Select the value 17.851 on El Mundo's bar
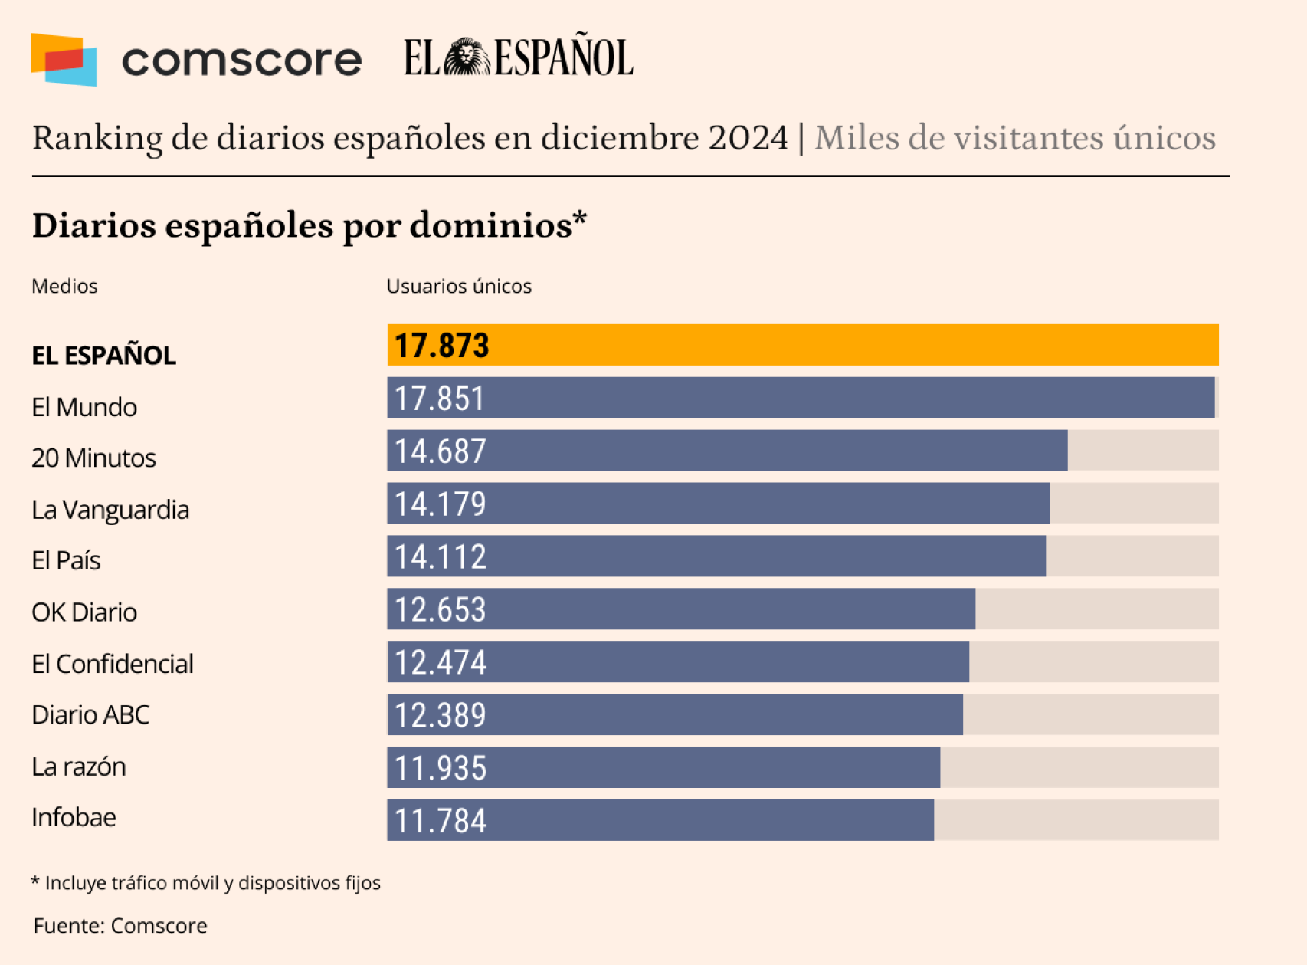click(x=440, y=399)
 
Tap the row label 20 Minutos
click(x=93, y=458)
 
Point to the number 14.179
click(x=440, y=504)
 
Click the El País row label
click(x=66, y=560)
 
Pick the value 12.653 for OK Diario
click(x=440, y=610)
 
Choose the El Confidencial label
click(x=112, y=664)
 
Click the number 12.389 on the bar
click(x=440, y=715)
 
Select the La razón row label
click(x=78, y=766)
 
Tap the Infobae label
click(x=74, y=817)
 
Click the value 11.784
click(x=440, y=821)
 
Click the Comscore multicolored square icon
click(x=64, y=60)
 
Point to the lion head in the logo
click(x=467, y=57)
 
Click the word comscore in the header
click(x=241, y=61)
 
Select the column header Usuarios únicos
click(x=459, y=286)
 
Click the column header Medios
click(x=64, y=286)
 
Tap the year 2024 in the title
click(x=748, y=138)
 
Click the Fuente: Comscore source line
click(x=120, y=925)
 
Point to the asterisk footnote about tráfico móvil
click(x=205, y=883)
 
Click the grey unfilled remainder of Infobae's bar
click(x=1076, y=820)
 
